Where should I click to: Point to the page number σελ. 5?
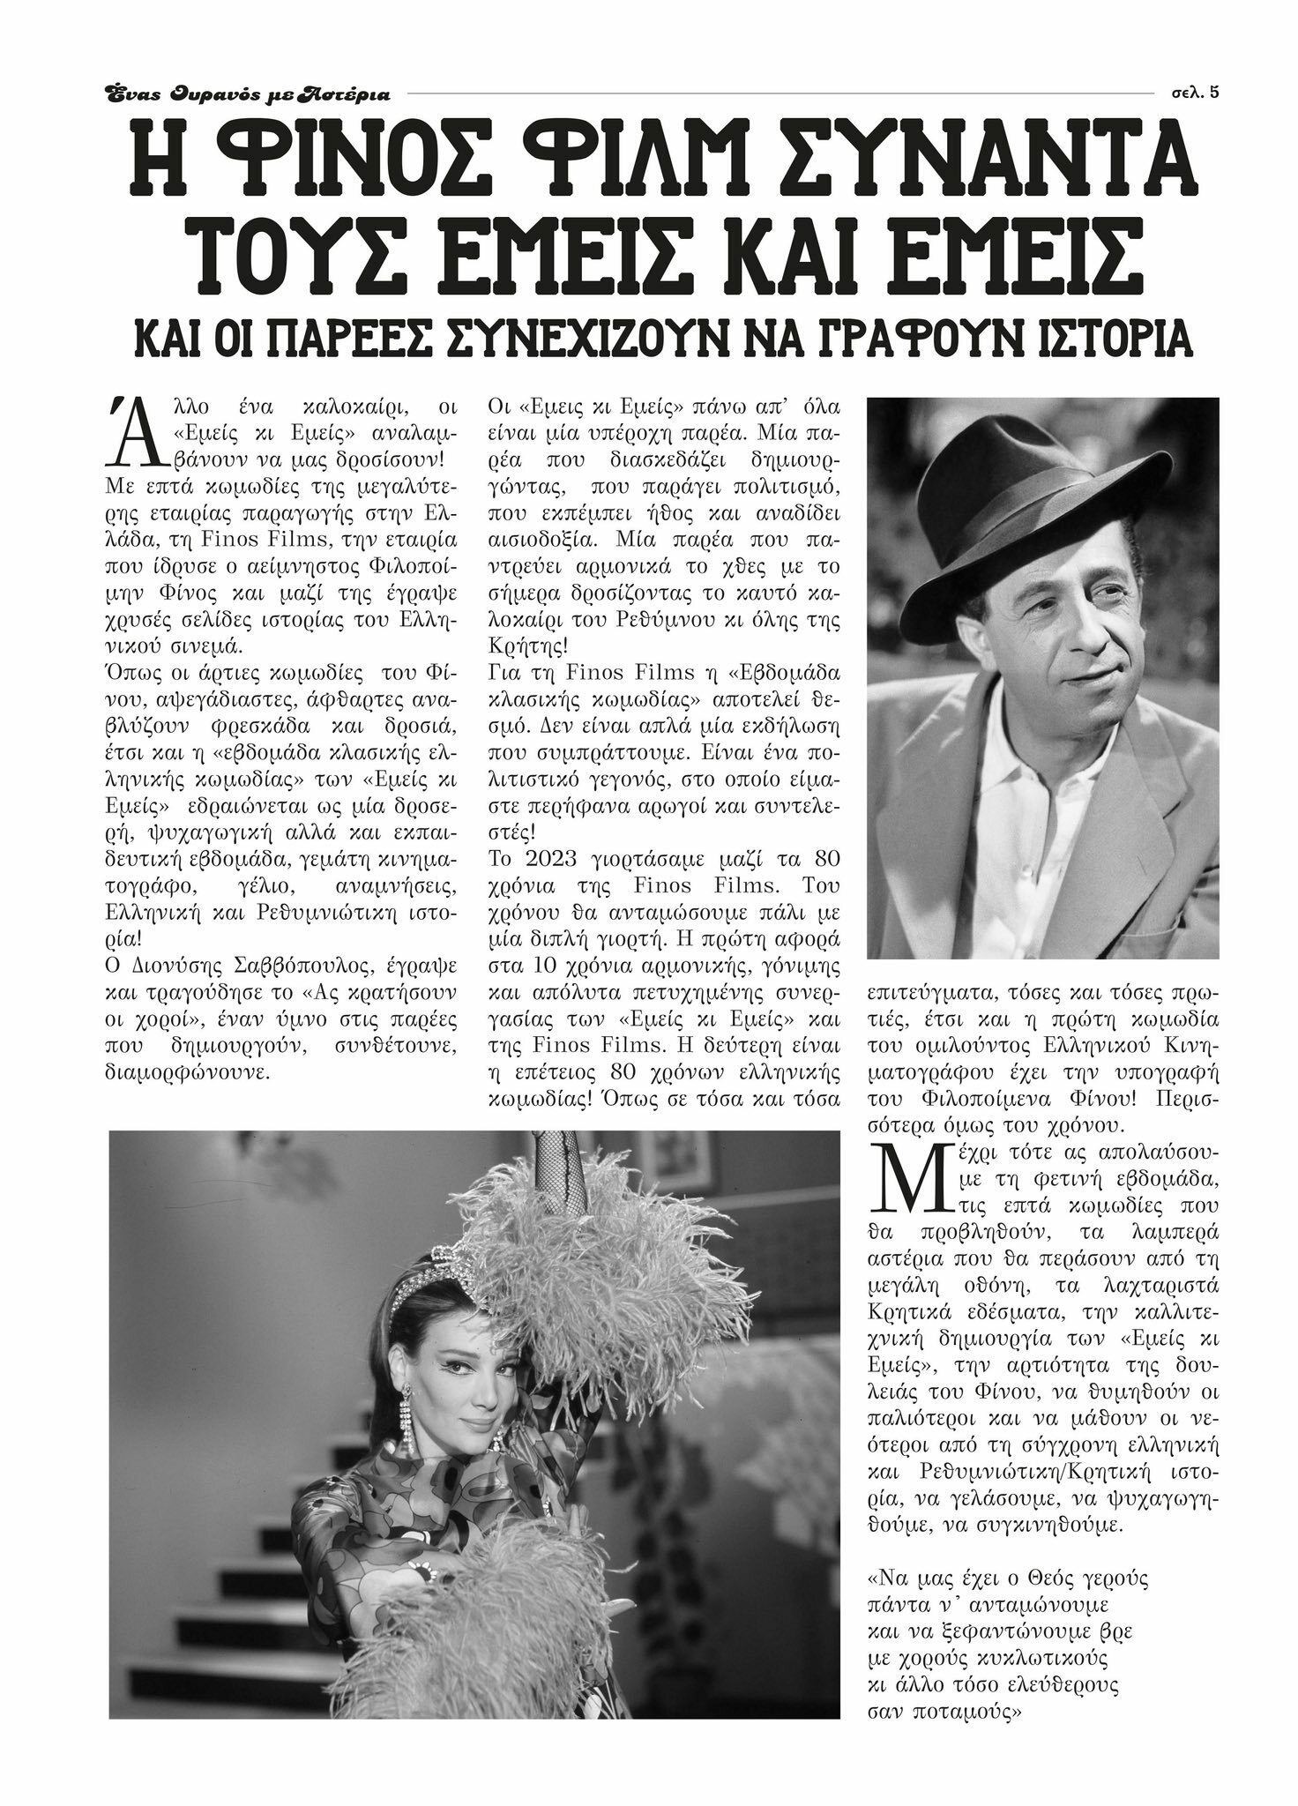1196,92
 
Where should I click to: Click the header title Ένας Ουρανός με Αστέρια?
247,93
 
